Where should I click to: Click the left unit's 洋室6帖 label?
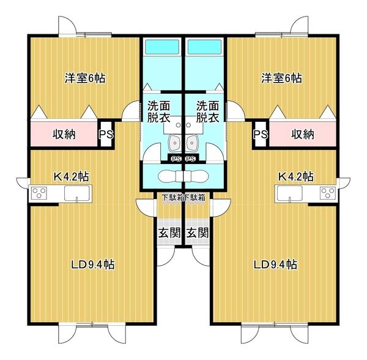[x=85, y=78]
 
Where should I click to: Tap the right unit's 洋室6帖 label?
[x=281, y=78]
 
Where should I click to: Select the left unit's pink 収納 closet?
[x=64, y=134]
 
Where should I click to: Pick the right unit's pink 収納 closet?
[x=303, y=134]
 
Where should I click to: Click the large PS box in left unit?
[x=106, y=134]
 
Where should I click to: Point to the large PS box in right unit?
[x=261, y=134]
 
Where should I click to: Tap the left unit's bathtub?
[x=162, y=47]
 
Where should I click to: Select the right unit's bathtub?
[x=204, y=47]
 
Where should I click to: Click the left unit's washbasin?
[x=174, y=143]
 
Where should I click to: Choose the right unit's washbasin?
[x=193, y=143]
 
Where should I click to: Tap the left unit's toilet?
[x=170, y=176]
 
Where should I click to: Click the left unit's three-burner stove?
[x=39, y=193]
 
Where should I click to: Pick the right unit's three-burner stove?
[x=328, y=193]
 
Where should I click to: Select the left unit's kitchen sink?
[x=77, y=193]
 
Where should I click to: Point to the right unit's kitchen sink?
[x=290, y=193]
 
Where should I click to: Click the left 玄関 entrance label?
[x=169, y=233]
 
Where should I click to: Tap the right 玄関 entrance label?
[x=198, y=233]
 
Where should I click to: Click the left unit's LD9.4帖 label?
[x=93, y=264]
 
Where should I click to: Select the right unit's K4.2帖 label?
[x=295, y=176]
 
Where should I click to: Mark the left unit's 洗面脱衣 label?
[x=158, y=111]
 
